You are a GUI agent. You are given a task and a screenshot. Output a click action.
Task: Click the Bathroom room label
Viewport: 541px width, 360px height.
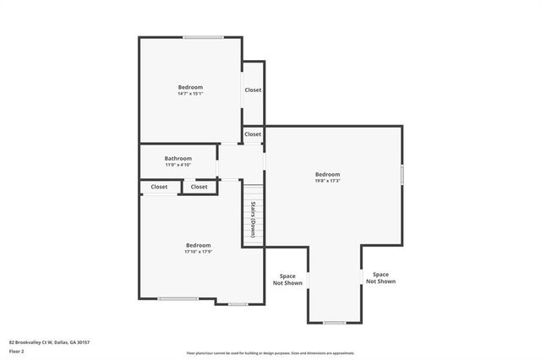click(178, 158)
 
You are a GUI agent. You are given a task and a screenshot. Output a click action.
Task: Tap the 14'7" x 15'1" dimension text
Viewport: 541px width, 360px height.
click(190, 93)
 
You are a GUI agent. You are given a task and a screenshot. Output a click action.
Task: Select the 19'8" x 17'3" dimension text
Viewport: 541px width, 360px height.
click(327, 180)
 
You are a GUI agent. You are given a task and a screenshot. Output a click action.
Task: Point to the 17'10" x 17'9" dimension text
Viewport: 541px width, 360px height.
click(198, 251)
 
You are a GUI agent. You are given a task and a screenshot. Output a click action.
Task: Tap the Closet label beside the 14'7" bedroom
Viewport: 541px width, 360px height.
click(253, 90)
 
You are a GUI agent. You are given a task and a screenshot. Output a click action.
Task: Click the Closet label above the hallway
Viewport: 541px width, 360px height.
click(253, 134)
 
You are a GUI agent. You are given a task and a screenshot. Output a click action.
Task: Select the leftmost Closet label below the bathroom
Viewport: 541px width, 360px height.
click(159, 187)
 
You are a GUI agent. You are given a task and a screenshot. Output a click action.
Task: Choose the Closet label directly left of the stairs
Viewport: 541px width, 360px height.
click(199, 187)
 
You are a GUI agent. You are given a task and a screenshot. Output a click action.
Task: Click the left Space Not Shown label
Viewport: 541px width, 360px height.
click(287, 280)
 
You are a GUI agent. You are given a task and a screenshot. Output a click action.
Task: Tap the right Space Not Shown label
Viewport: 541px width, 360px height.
click(380, 277)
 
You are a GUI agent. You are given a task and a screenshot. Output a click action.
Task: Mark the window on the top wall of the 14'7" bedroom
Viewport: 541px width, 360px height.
click(204, 37)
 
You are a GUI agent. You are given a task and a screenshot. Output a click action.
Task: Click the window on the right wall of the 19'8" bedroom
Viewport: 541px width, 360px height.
click(402, 175)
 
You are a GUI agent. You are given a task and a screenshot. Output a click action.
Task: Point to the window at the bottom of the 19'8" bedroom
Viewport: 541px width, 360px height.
click(335, 323)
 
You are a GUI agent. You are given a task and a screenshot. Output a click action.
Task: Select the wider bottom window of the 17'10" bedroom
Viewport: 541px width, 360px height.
click(178, 298)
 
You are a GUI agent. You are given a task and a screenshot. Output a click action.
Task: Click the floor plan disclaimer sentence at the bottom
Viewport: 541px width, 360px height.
click(270, 353)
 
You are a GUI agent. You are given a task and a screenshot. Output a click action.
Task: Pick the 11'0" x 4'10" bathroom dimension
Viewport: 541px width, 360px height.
click(178, 164)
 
